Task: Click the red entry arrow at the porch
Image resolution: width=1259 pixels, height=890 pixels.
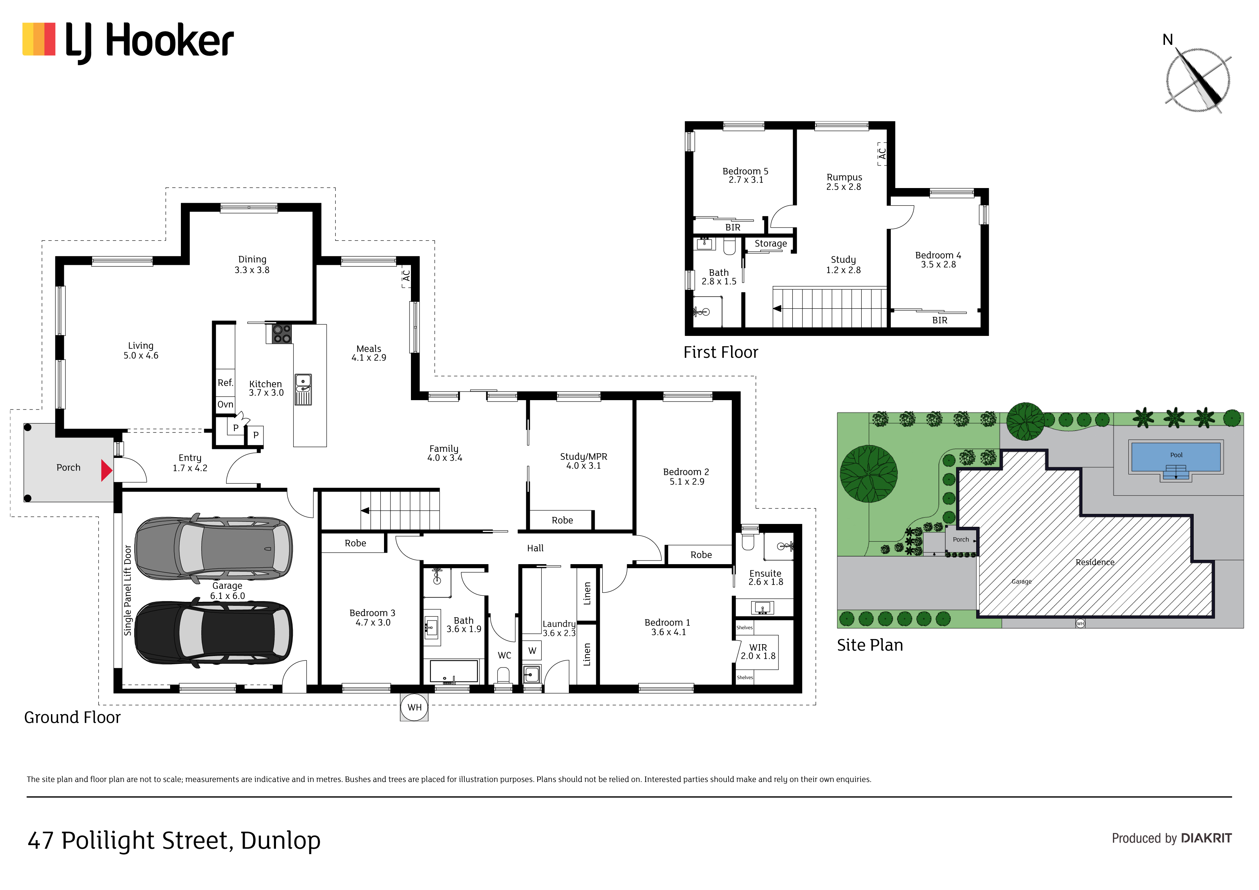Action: (106, 470)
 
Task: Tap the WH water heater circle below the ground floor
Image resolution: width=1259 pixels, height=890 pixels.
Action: (415, 707)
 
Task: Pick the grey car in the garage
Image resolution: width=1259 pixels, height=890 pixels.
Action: (213, 548)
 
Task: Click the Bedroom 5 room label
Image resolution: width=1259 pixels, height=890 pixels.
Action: (745, 171)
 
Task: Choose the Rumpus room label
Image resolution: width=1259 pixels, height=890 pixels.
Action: (844, 177)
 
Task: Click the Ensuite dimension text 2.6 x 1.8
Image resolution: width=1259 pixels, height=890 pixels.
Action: (766, 582)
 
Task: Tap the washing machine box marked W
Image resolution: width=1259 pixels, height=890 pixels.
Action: (532, 651)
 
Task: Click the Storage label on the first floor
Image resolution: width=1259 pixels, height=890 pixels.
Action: (771, 243)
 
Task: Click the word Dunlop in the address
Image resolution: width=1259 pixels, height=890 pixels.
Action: (280, 840)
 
